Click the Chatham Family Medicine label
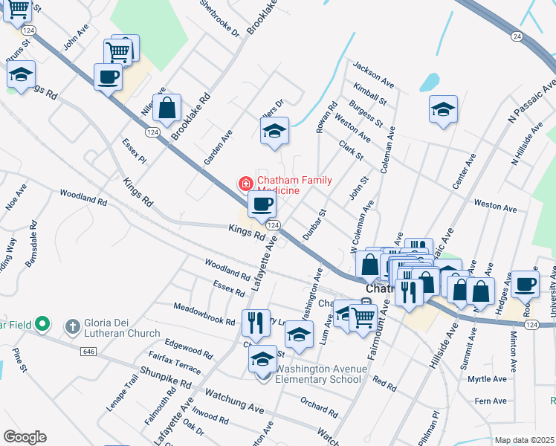coord(295,185)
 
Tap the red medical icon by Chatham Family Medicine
coord(244,183)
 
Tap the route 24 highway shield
coord(517,36)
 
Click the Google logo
coord(25,436)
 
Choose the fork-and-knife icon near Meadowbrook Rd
coord(255,322)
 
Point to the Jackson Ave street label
coord(373,73)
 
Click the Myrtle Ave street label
coord(488,379)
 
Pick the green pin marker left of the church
coord(43,324)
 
